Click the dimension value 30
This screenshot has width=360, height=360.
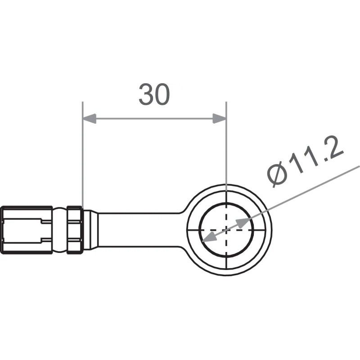pos(154,94)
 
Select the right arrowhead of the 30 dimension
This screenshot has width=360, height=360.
pos(219,119)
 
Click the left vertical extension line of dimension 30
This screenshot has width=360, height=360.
pos(82,157)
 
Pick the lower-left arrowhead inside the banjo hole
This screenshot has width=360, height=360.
pos(208,238)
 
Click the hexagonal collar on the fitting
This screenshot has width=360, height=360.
pos(74,229)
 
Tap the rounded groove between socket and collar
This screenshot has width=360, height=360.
pos(59,229)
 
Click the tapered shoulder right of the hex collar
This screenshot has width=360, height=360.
pos(90,229)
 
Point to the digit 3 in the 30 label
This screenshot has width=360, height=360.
pos(146,94)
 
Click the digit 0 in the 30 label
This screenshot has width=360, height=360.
pos(162,94)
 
